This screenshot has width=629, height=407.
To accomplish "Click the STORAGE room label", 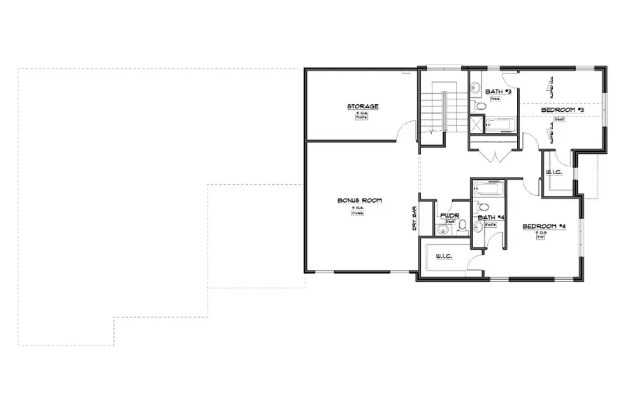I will pyautogui.click(x=363, y=106).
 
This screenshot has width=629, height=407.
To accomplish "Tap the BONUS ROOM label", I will pyautogui.click(x=360, y=201).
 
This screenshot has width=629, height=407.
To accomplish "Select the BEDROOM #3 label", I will pyautogui.click(x=563, y=110).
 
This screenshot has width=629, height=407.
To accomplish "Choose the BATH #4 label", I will pyautogui.click(x=491, y=217).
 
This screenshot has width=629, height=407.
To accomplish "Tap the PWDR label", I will pyautogui.click(x=449, y=216).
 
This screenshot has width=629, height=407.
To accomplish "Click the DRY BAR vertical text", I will pyautogui.click(x=414, y=218).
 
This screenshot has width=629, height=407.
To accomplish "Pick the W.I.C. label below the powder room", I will pyautogui.click(x=444, y=257).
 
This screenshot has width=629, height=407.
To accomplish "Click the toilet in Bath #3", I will pyautogui.click(x=479, y=107).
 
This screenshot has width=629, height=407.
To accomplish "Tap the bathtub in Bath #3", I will pyautogui.click(x=500, y=125).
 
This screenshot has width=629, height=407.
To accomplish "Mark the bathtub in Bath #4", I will pyautogui.click(x=488, y=189).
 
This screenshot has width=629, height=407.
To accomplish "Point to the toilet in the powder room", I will pyautogui.click(x=462, y=226).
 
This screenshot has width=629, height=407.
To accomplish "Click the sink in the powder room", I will pyautogui.click(x=441, y=230).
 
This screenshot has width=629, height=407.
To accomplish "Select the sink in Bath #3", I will pyautogui.click(x=474, y=89).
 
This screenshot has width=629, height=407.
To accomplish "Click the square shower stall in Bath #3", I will pyautogui.click(x=477, y=125).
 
